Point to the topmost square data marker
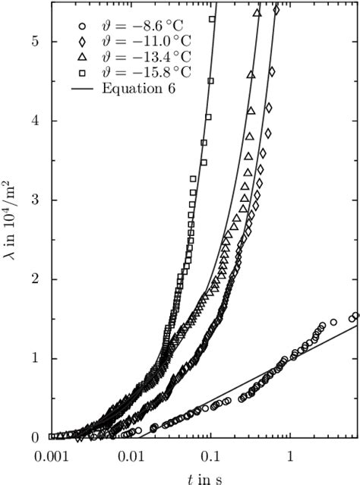click(x=213, y=19)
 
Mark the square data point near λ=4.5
click(x=210, y=80)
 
